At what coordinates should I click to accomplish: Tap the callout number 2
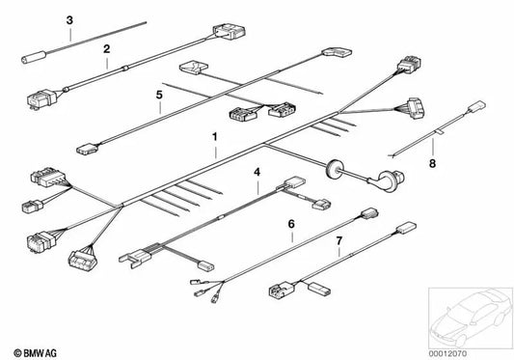[x=107, y=47]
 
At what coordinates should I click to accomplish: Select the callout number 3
[x=69, y=20]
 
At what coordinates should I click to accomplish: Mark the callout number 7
[x=339, y=237]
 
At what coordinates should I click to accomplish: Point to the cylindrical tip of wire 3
[x=30, y=64]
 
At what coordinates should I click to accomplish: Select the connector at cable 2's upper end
[x=227, y=38]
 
